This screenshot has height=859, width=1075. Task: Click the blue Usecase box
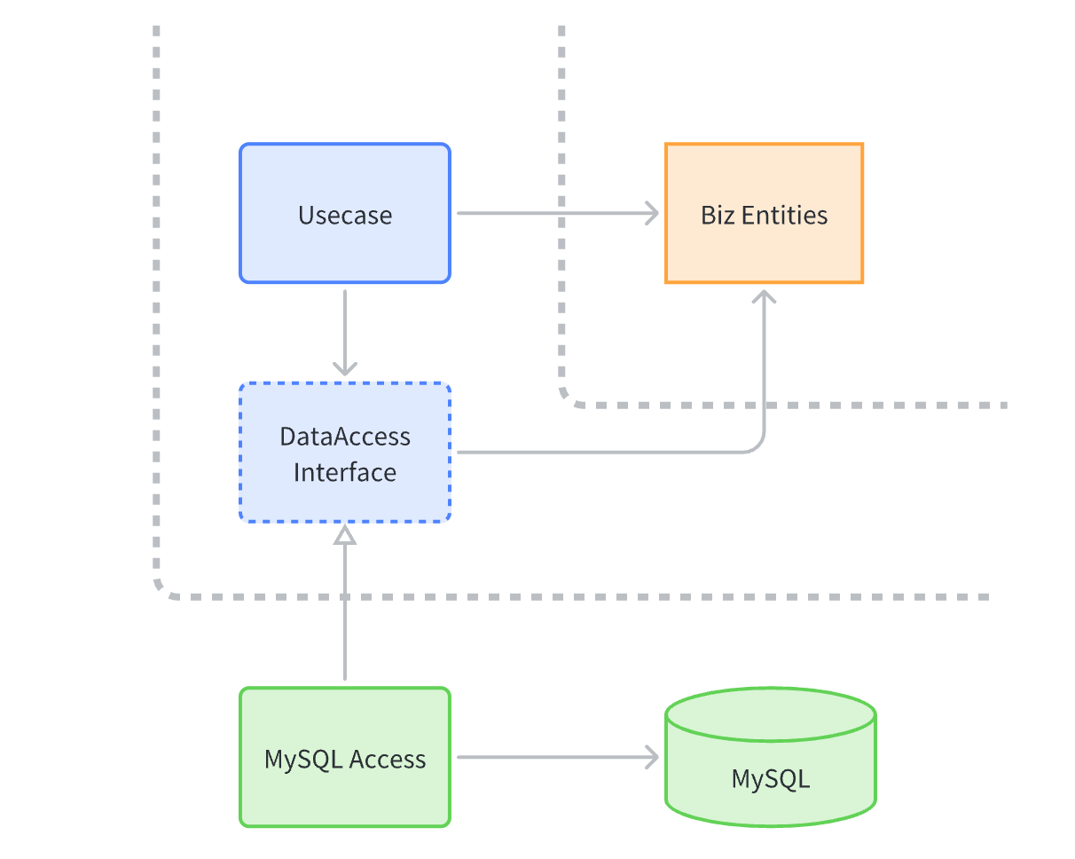[345, 213]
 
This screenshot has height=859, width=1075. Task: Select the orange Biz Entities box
[764, 213]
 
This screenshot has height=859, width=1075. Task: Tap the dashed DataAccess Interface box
[345, 453]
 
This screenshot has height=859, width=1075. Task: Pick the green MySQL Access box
[345, 757]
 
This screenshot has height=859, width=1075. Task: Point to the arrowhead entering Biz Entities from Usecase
[652, 213]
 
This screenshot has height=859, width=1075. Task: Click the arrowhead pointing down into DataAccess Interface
[345, 366]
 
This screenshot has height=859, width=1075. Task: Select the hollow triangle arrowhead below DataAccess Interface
[345, 534]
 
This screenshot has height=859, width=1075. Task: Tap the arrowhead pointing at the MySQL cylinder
[652, 757]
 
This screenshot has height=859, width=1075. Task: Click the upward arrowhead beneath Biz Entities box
[764, 296]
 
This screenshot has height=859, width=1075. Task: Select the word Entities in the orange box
[784, 216]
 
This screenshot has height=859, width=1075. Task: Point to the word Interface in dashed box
[345, 472]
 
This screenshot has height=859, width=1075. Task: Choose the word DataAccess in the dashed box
[345, 437]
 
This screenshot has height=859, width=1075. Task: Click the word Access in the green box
[387, 760]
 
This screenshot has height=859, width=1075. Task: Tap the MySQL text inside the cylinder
[770, 779]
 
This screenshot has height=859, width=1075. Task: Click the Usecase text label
[345, 216]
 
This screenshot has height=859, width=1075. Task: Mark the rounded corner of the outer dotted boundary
[163, 590]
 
